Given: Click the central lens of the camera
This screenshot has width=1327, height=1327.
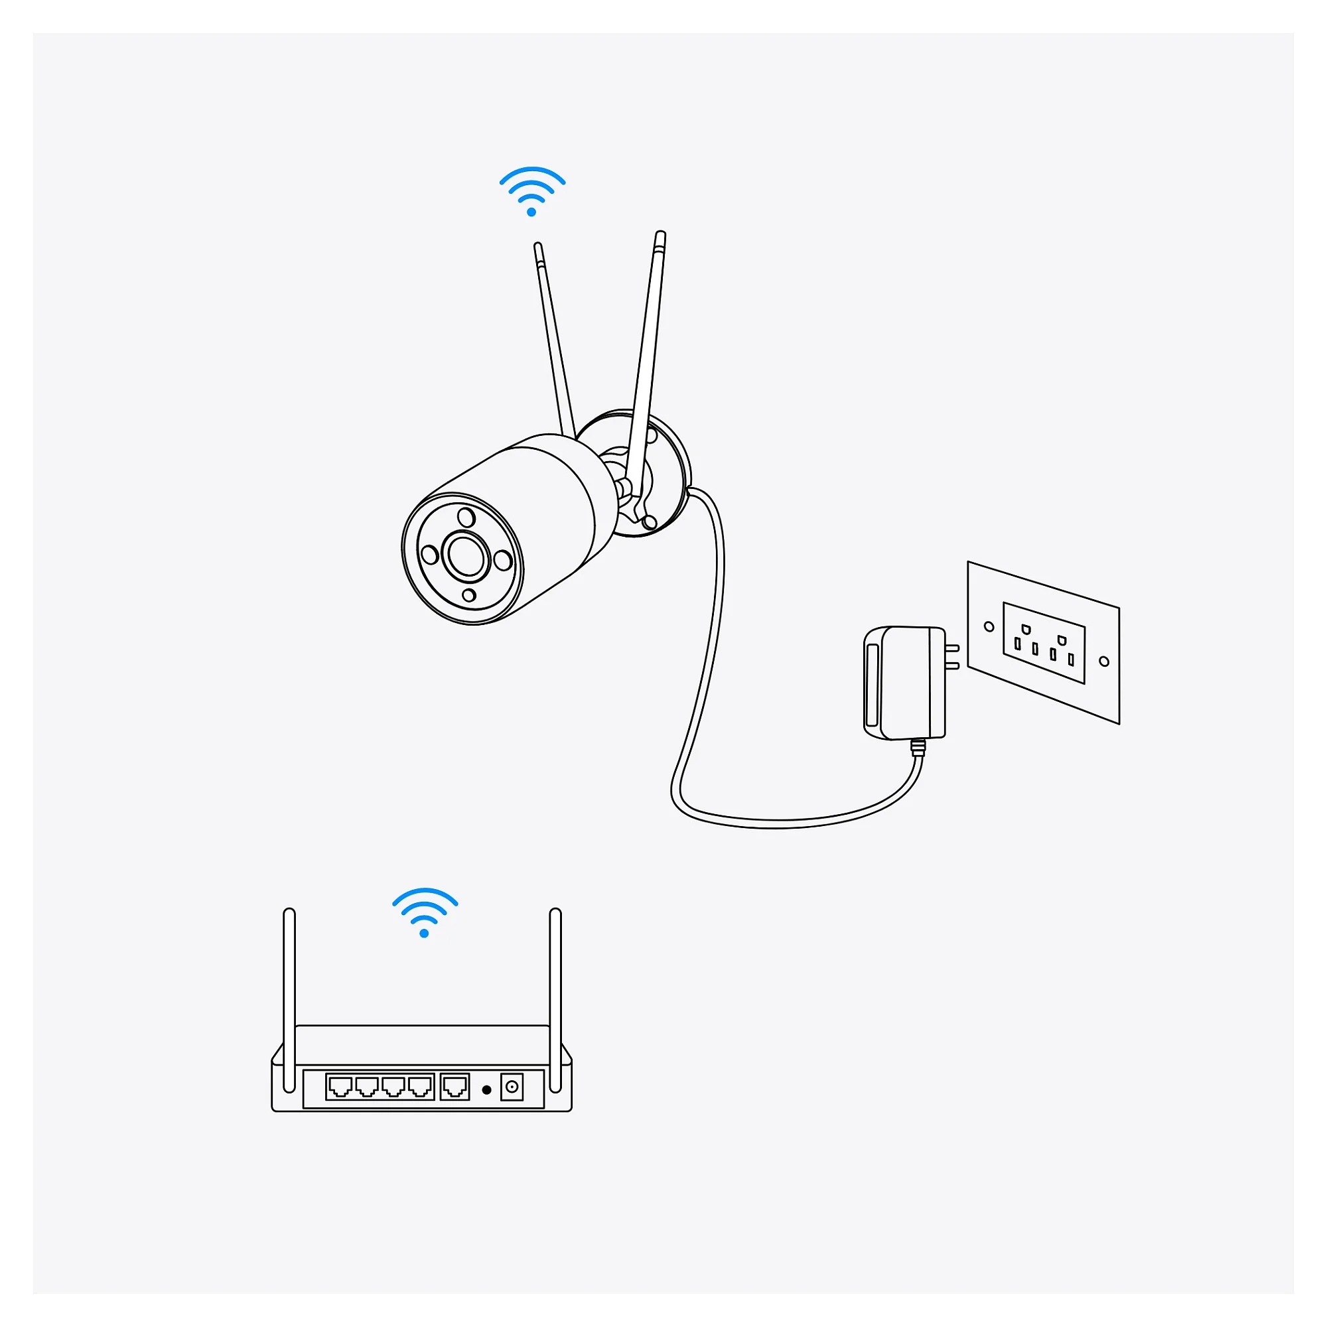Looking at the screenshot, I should pyautogui.click(x=466, y=555).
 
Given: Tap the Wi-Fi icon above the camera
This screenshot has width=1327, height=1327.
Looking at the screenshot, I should pyautogui.click(x=531, y=192).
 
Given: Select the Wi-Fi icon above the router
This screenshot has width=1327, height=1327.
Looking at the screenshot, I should pyautogui.click(x=425, y=913).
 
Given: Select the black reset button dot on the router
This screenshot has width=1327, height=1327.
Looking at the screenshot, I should pyautogui.click(x=486, y=1089).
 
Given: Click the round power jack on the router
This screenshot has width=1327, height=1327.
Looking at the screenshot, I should pyautogui.click(x=512, y=1087).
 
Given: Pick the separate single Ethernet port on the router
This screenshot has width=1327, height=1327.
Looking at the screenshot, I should pyautogui.click(x=454, y=1087).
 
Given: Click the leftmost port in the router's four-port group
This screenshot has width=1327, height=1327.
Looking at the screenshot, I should pyautogui.click(x=340, y=1087).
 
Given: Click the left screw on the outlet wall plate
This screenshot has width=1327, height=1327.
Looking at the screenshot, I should pyautogui.click(x=989, y=626).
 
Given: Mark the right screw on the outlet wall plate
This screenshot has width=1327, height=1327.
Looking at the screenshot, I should pyautogui.click(x=1104, y=662).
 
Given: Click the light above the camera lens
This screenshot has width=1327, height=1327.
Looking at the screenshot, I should pyautogui.click(x=466, y=518).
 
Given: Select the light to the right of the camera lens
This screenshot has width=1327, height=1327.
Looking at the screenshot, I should pyautogui.click(x=503, y=561).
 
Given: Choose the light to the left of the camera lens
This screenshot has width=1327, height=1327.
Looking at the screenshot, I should pyautogui.click(x=430, y=554).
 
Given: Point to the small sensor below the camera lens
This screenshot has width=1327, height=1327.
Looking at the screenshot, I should pyautogui.click(x=469, y=594).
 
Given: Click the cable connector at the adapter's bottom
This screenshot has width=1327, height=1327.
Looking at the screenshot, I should pyautogui.click(x=918, y=747).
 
